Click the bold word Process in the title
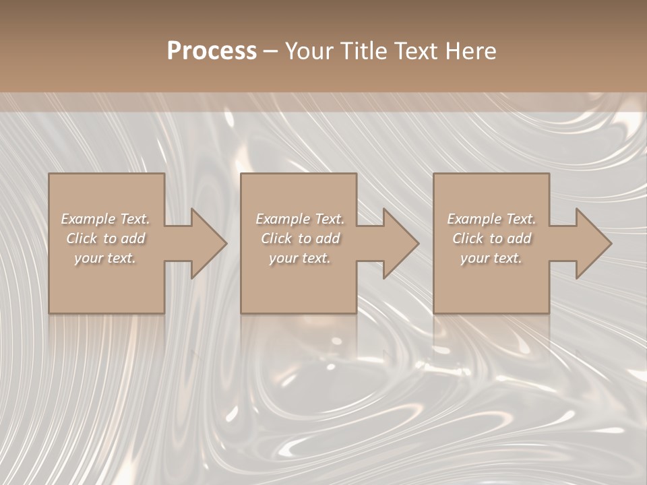pyautogui.click(x=212, y=51)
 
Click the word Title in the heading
pyautogui.click(x=365, y=51)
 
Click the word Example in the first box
pyautogui.click(x=88, y=219)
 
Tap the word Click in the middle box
pyautogui.click(x=277, y=238)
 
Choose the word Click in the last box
pyautogui.click(x=468, y=238)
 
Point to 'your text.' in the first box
pyautogui.click(x=105, y=258)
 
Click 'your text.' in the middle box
pyautogui.click(x=299, y=258)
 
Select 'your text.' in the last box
pyautogui.click(x=491, y=258)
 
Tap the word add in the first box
pyautogui.click(x=133, y=238)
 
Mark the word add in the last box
pyautogui.click(x=519, y=238)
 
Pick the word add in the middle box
pyautogui.click(x=328, y=238)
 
